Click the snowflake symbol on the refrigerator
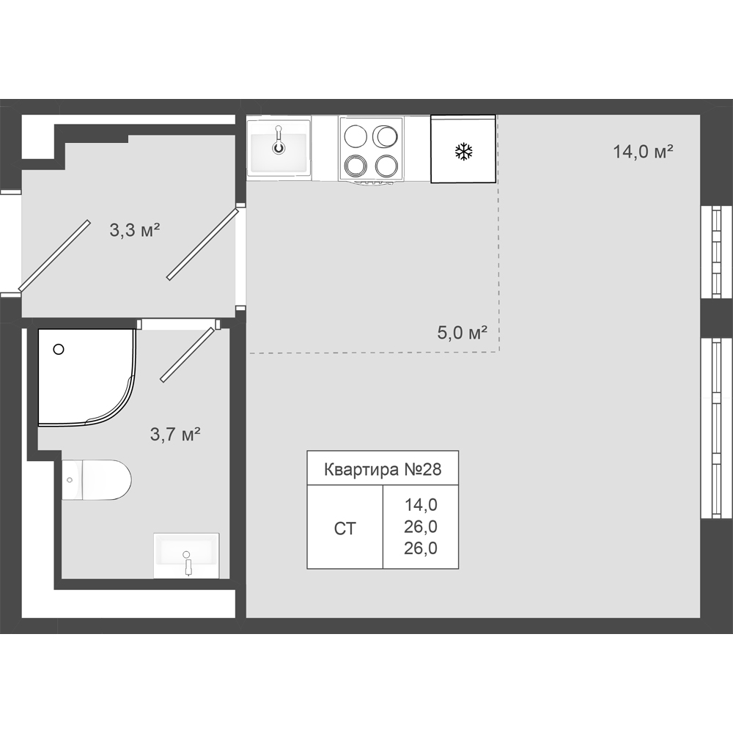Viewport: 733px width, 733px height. [x=464, y=152]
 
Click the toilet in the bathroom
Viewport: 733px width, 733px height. [x=96, y=479]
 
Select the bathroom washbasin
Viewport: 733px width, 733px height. [x=186, y=556]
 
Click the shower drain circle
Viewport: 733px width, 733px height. [x=59, y=349]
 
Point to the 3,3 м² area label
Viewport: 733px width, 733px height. [x=135, y=230]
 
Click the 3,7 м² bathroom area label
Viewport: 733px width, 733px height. [x=175, y=434]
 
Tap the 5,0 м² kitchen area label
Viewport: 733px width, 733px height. [x=463, y=332]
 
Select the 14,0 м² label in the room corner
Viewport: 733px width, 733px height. [x=643, y=152]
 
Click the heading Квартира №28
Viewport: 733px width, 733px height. [x=383, y=469]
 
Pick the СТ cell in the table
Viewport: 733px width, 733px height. [x=345, y=528]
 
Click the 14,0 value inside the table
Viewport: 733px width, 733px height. [x=421, y=505]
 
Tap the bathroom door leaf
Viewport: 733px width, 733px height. [x=188, y=355]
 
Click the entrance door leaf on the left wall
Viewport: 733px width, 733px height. [x=54, y=255]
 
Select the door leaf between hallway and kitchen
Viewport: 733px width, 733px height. [x=203, y=245]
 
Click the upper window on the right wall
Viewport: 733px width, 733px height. [x=716, y=251]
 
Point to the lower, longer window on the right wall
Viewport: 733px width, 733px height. [x=716, y=427]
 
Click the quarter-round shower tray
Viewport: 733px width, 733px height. [x=86, y=377]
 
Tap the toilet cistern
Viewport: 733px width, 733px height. [x=72, y=479]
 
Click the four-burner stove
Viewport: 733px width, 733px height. [x=371, y=149]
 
